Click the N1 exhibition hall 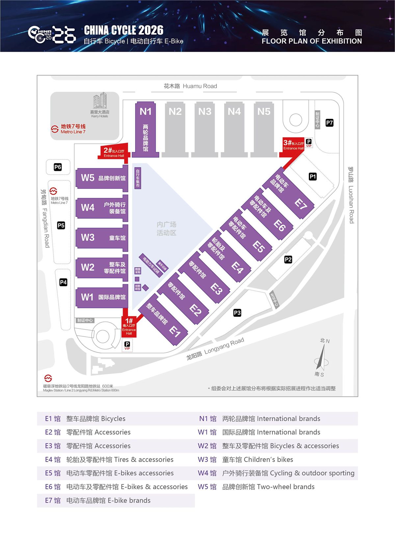pos(145,129)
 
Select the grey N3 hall pos(205,129)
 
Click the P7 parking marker pos(329,123)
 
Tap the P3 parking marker pos(237,313)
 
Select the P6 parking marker pos(58,167)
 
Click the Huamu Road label pos(190,86)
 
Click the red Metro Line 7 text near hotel pos(73,129)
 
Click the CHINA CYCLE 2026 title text pos(123,30)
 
